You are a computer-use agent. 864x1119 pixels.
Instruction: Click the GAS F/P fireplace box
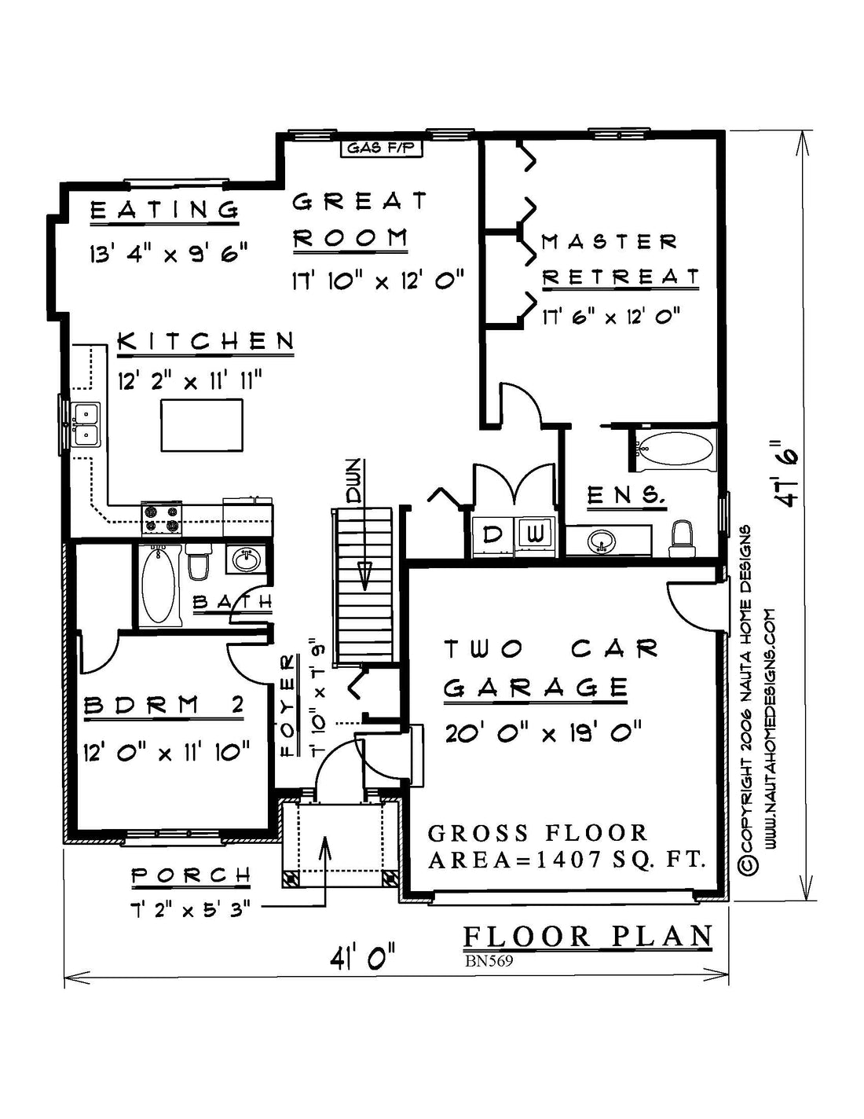[381, 149]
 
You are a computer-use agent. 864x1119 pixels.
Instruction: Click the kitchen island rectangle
[202, 425]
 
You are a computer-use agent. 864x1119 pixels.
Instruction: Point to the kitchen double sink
[86, 424]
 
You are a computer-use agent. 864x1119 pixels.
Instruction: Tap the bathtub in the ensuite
[675, 451]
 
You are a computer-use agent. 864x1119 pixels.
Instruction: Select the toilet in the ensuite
[683, 539]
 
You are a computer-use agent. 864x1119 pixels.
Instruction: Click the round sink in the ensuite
[602, 541]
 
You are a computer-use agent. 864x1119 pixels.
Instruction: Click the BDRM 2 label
[163, 705]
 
